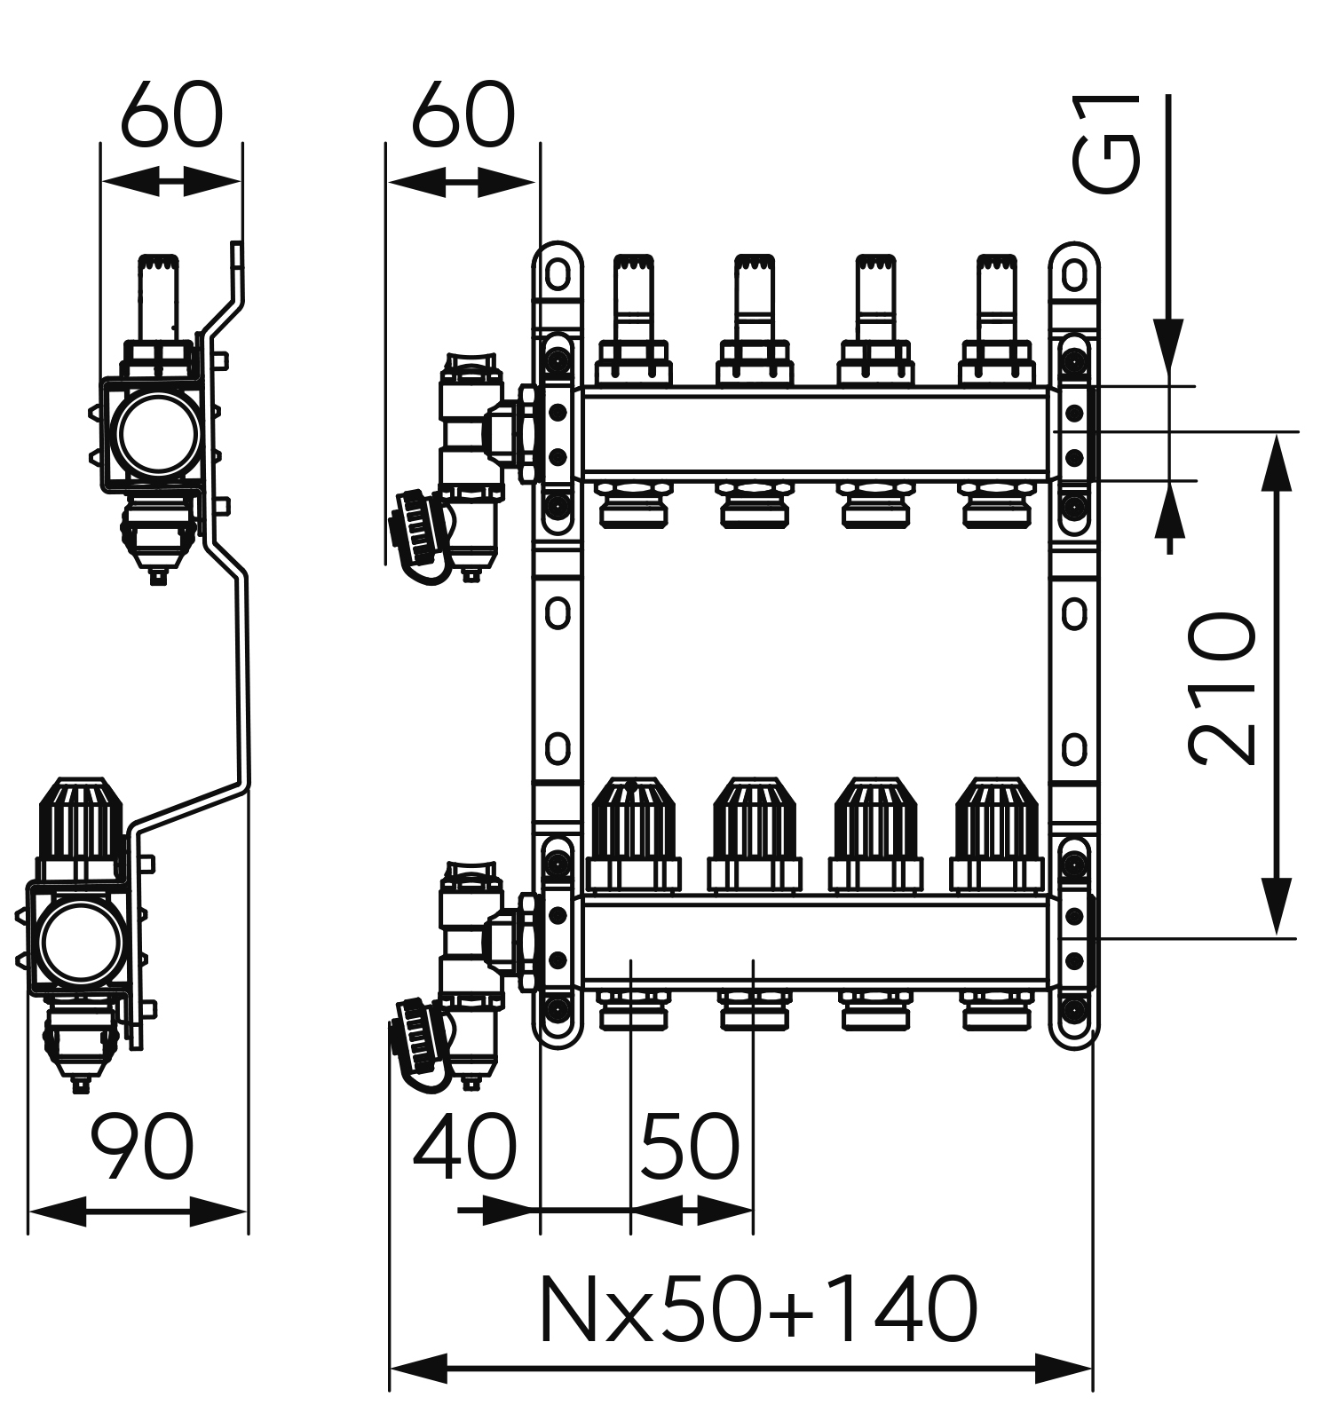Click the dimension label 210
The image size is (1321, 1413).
(1223, 688)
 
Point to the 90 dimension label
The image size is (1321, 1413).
(142, 1149)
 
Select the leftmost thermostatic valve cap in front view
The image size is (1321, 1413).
(633, 818)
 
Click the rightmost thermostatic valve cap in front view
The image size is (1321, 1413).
(996, 818)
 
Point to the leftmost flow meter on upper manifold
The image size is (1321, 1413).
(633, 293)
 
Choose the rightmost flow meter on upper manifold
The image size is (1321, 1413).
(996, 293)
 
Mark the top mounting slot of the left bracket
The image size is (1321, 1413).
(558, 274)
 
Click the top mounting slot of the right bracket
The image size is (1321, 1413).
(1074, 274)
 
